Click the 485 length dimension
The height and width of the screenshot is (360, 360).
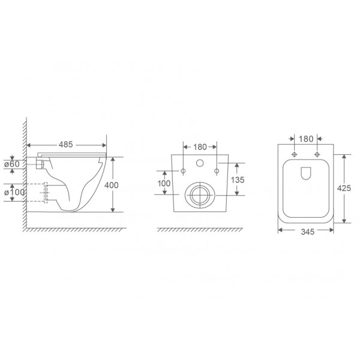coord(65,145)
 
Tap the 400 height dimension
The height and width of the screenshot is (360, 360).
coord(112,185)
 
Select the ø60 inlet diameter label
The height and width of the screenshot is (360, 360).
coord(12,164)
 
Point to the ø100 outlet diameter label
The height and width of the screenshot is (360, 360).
coord(14,192)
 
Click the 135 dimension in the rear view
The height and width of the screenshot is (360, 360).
coord(238,180)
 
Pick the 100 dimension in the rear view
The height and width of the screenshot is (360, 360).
coord(164,183)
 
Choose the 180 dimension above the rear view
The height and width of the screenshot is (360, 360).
coord(200,147)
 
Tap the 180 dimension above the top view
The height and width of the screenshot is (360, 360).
coord(306,139)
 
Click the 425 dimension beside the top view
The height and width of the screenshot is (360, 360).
coord(344,188)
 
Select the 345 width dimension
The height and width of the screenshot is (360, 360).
coord(308,232)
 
